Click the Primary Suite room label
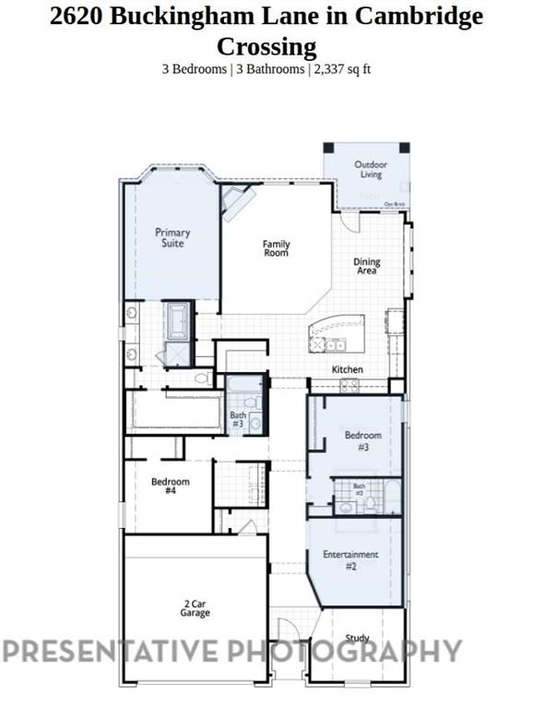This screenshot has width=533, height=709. (172, 238)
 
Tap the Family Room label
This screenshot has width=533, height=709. (276, 248)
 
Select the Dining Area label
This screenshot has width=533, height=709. (367, 267)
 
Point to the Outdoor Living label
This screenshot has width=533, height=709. (371, 169)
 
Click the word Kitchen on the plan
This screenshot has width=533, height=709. (348, 369)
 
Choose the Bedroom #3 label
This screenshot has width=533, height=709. (363, 440)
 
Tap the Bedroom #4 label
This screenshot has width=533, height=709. (171, 487)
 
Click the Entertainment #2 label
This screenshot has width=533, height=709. (350, 559)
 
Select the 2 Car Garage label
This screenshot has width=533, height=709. (195, 608)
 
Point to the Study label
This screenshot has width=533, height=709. (357, 638)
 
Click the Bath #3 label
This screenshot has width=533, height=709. (237, 420)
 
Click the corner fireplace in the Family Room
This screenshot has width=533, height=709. (237, 202)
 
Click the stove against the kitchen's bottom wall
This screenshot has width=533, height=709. (349, 385)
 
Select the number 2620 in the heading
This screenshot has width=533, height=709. (78, 16)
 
